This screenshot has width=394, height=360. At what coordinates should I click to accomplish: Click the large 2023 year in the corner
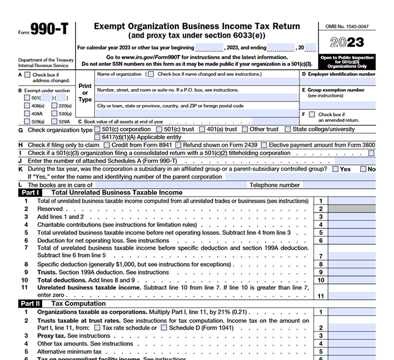347,43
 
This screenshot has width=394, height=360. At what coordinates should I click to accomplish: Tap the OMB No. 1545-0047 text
346,27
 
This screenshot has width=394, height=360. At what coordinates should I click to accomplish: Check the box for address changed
27,74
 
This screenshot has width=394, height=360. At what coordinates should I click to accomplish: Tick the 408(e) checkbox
27,106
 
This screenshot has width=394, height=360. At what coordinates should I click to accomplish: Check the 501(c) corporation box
98,129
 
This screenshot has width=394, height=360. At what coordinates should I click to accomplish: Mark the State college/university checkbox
288,129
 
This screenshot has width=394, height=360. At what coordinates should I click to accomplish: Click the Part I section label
30,193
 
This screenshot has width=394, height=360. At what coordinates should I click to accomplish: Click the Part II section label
30,303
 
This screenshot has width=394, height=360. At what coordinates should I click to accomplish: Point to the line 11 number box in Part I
321,295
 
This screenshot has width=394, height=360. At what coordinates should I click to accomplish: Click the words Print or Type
85,93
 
